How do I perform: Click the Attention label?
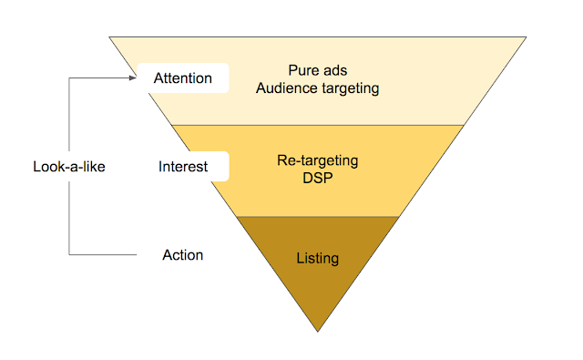(x=183, y=78)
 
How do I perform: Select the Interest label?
(x=183, y=166)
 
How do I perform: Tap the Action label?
(x=183, y=255)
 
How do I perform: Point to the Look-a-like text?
(x=69, y=166)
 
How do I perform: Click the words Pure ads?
(x=318, y=70)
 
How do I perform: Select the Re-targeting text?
(x=318, y=160)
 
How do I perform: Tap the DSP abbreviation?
(x=318, y=178)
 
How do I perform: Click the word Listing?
(x=318, y=259)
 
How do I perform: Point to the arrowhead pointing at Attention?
(x=133, y=77)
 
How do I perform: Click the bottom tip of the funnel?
(x=318, y=332)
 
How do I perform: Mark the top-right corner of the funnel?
(x=527, y=36)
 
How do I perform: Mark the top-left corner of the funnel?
(x=109, y=36)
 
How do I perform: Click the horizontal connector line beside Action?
(x=103, y=255)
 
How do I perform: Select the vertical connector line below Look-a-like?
(x=69, y=219)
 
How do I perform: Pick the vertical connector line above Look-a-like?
(x=69, y=114)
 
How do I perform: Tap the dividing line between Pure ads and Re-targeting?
(x=318, y=126)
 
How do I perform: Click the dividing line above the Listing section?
(x=318, y=216)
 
